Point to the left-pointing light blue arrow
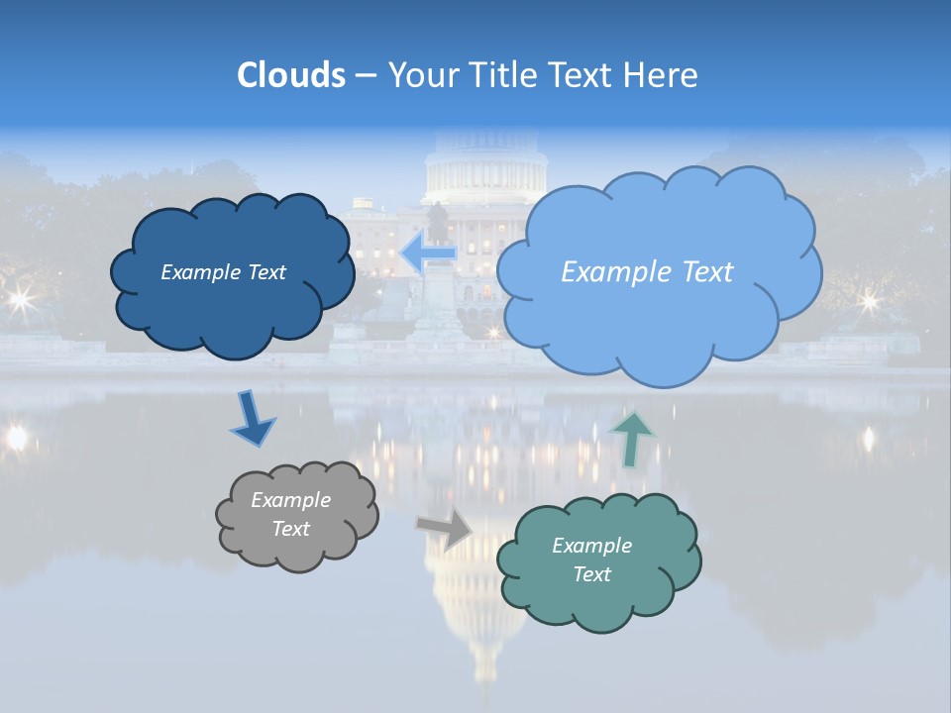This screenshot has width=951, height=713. (428, 252)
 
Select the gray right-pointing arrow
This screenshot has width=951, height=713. (445, 529)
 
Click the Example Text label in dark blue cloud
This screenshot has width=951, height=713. (223, 272)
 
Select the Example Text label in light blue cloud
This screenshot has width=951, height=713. (647, 272)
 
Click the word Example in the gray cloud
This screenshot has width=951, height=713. (290, 501)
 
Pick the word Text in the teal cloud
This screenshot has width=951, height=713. (591, 574)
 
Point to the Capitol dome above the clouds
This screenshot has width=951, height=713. (485, 163)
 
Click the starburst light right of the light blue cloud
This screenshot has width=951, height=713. (869, 300)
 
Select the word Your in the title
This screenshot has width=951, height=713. (423, 75)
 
